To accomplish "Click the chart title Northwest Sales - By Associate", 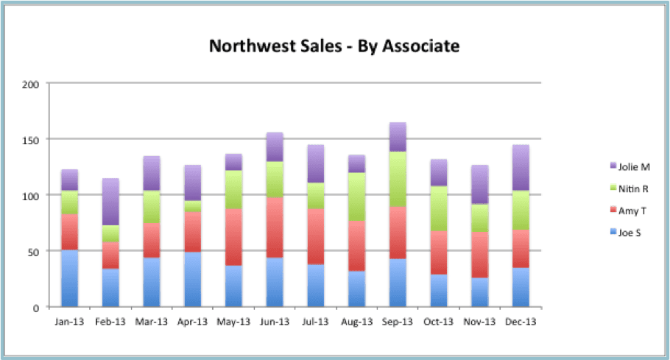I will pyautogui.click(x=334, y=46).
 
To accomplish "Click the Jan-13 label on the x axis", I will pyautogui.click(x=70, y=322).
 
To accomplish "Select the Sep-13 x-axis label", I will pyautogui.click(x=398, y=322).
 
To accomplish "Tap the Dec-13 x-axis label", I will pyautogui.click(x=521, y=322).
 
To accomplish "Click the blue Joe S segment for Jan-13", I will pyautogui.click(x=70, y=278).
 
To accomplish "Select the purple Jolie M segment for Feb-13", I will pyautogui.click(x=111, y=202).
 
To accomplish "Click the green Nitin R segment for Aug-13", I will pyautogui.click(x=357, y=197).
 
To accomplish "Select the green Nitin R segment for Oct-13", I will pyautogui.click(x=439, y=208).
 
